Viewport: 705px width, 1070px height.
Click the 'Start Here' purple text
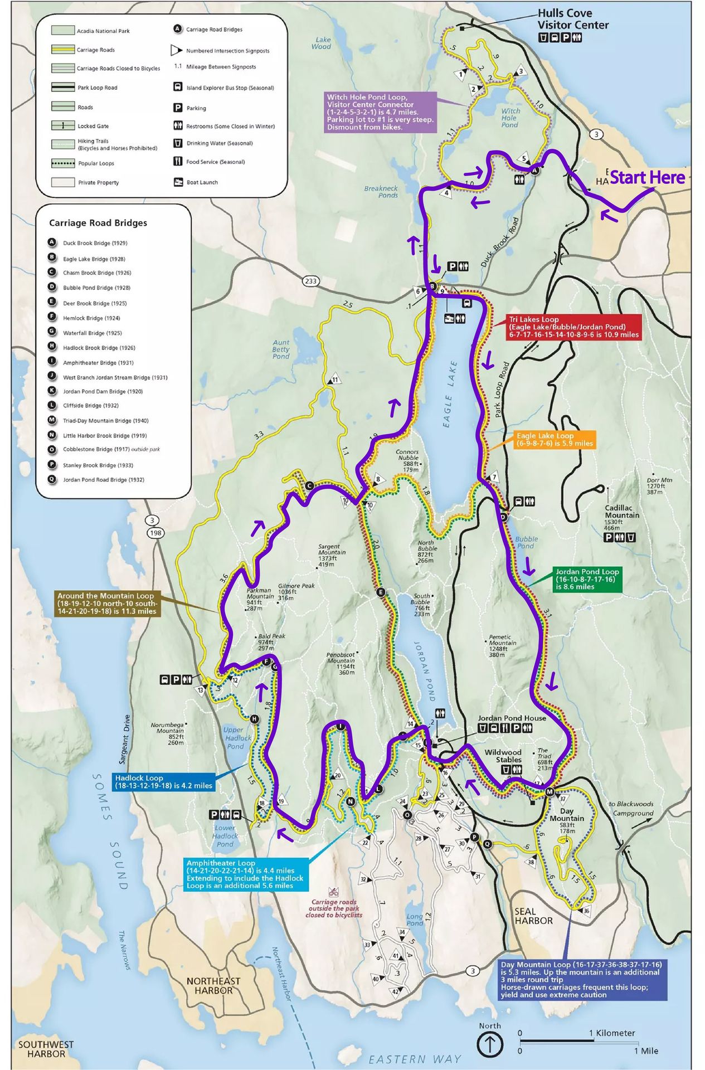click(x=646, y=178)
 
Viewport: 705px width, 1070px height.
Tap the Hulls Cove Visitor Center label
click(x=572, y=19)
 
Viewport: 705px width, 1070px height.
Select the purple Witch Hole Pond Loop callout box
click(x=380, y=112)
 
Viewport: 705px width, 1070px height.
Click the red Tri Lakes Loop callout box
click(x=573, y=327)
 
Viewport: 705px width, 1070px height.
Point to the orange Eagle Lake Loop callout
click(x=554, y=440)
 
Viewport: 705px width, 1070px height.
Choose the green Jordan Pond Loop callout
click(x=586, y=579)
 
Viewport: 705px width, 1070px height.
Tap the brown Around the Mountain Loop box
click(x=107, y=604)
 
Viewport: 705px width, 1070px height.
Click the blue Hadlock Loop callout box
click(x=163, y=781)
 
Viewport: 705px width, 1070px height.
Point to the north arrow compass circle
click(x=490, y=1044)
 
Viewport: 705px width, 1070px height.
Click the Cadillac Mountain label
click(x=621, y=512)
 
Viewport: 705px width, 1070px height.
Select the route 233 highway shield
click(x=311, y=281)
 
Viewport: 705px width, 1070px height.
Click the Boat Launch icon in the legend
click(x=178, y=182)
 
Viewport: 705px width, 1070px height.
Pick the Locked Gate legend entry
click(x=93, y=126)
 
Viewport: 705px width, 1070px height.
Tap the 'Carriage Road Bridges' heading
click(x=98, y=223)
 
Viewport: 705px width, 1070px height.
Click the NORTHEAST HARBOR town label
click(x=213, y=986)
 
